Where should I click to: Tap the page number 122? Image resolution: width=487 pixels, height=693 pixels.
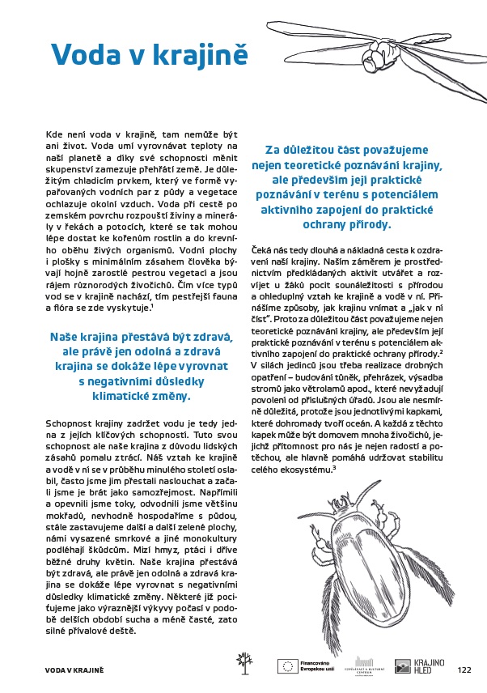pos(464,670)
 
